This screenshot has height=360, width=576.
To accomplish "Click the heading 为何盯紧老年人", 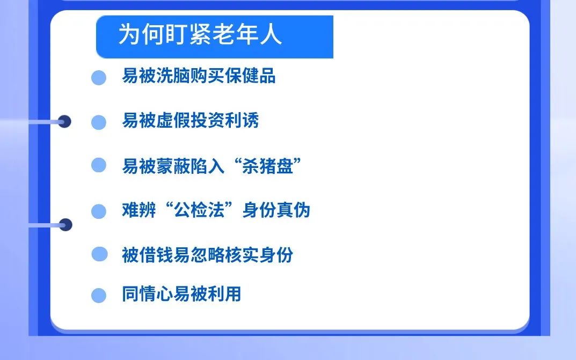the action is pos(200,34).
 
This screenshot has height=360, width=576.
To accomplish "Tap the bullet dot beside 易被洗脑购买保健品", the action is pos(99,78).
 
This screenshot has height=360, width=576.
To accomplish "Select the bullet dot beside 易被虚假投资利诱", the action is pos(99,122).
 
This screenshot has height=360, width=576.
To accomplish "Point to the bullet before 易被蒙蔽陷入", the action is pos(99,165).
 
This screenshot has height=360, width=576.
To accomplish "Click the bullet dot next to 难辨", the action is pos(99,211).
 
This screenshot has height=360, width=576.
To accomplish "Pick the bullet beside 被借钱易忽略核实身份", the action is pos(99,254).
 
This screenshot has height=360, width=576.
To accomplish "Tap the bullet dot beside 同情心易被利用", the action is pos(99,296).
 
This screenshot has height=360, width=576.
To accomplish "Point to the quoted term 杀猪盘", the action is pos(267,166).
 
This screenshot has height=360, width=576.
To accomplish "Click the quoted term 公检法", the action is pos(199,210).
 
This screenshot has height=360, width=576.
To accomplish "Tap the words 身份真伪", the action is pos(276,210).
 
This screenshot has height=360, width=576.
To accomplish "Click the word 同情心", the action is pos(148,293).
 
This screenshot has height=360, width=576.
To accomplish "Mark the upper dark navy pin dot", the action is pos(64,121).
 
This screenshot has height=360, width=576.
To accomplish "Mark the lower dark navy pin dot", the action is pos(65,225).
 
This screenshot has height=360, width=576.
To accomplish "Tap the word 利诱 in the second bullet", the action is pos(242,120).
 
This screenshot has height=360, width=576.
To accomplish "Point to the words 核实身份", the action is pos(259,255).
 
